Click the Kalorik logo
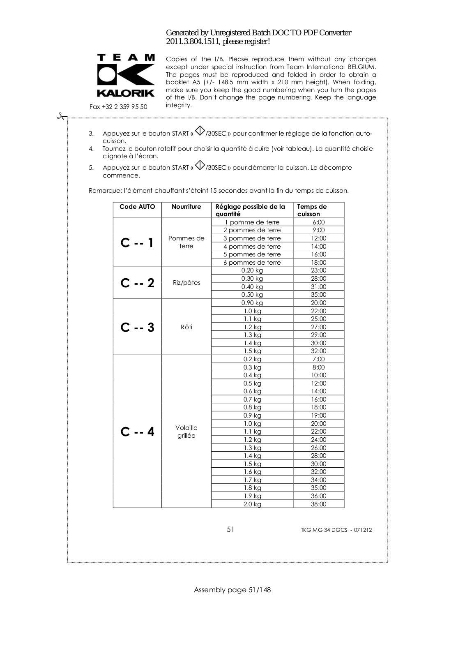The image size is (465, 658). point(126,76)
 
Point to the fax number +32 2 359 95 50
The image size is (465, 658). point(118,107)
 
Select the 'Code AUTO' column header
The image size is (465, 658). point(137,207)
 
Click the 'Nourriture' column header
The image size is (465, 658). point(186,207)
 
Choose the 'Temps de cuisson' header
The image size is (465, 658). point(312,210)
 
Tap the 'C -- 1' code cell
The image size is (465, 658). point(137,242)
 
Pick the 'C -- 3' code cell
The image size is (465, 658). point(137,327)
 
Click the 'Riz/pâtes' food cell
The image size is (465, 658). point(186,283)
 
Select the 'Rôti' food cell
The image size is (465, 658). point(186,327)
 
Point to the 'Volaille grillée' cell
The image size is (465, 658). point(186,432)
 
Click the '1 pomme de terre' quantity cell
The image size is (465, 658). point(252,222)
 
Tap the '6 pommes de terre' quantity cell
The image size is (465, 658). point(252,263)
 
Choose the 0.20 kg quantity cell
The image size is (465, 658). point(252,270)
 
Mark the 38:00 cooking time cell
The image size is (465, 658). point(318,504)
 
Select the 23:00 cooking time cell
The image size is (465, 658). point(318,270)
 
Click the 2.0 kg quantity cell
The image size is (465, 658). point(252,504)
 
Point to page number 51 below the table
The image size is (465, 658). point(230,529)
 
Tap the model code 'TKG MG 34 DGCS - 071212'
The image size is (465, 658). point(336,530)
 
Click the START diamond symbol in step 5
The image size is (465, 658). point(200,165)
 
